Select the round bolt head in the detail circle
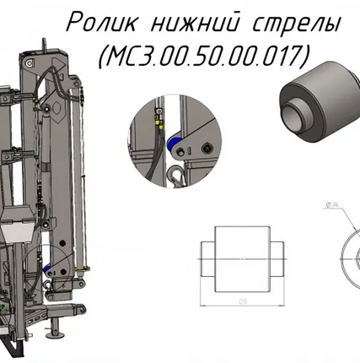point(206,149)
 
